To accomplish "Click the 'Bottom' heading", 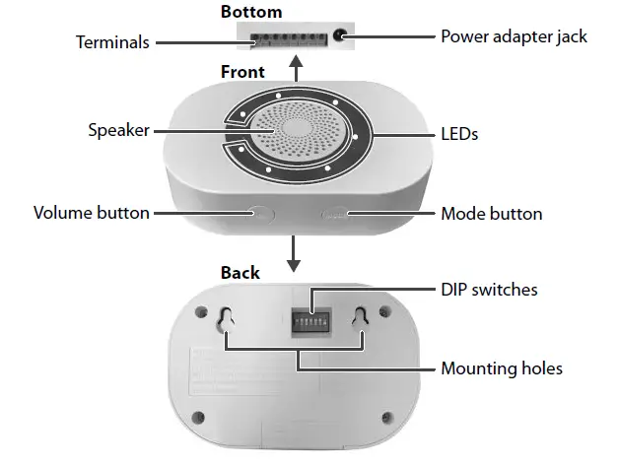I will tap(250, 13).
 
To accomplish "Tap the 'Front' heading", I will tap(242, 72).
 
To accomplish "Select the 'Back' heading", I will tap(240, 273).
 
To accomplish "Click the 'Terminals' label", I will tap(113, 42).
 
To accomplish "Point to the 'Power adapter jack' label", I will tap(514, 36).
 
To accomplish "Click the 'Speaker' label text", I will tap(118, 130).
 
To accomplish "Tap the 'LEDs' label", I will tap(459, 133).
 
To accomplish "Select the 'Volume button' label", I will tap(92, 213).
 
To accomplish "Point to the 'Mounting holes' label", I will tap(502, 368).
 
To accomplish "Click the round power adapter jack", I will tap(341, 35).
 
